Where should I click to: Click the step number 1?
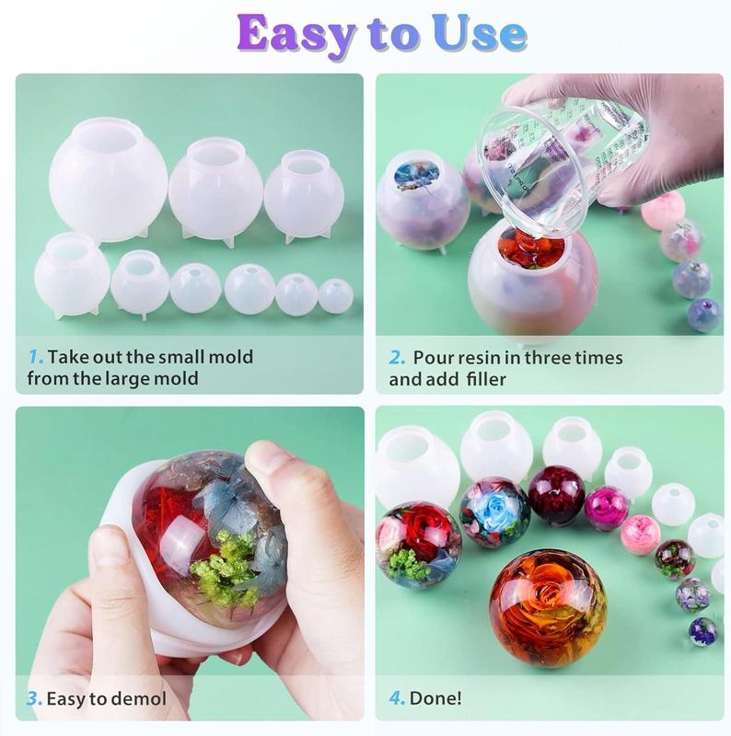pyautogui.click(x=36, y=357)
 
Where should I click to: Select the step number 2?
pyautogui.click(x=397, y=358)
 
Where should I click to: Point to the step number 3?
pyautogui.click(x=34, y=699)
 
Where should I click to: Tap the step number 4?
pyautogui.click(x=397, y=698)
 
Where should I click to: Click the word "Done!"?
pyautogui.click(x=435, y=698)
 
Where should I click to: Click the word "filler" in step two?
pyautogui.click(x=486, y=379)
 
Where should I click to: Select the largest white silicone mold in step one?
pyautogui.click(x=108, y=179)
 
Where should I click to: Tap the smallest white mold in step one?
pyautogui.click(x=336, y=295)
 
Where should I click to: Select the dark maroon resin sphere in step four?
pyautogui.click(x=556, y=494)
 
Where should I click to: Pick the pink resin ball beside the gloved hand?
pyautogui.click(x=660, y=213)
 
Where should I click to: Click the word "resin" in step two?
pyautogui.click(x=479, y=358)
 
